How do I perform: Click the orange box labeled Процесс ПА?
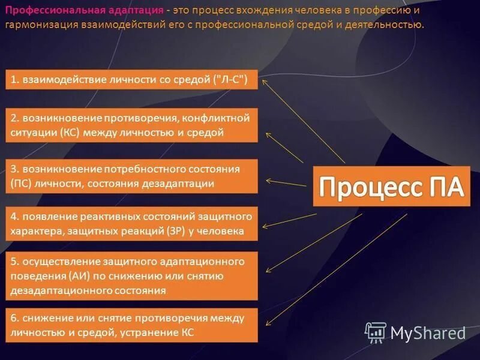391,186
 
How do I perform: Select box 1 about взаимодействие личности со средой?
131,80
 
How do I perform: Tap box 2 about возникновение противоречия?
131,125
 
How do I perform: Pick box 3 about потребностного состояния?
131,176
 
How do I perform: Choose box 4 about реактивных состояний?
131,223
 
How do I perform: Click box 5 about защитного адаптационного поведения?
131,276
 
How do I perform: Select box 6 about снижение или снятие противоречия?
131,325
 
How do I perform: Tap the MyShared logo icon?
376,332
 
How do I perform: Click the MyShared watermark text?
428,333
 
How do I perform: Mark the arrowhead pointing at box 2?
268,134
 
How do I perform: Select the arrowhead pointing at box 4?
265,227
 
